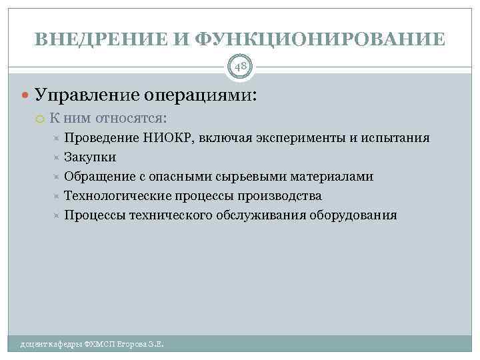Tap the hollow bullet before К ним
[x=40, y=118]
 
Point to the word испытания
[x=395, y=138]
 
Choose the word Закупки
[x=90, y=157]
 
